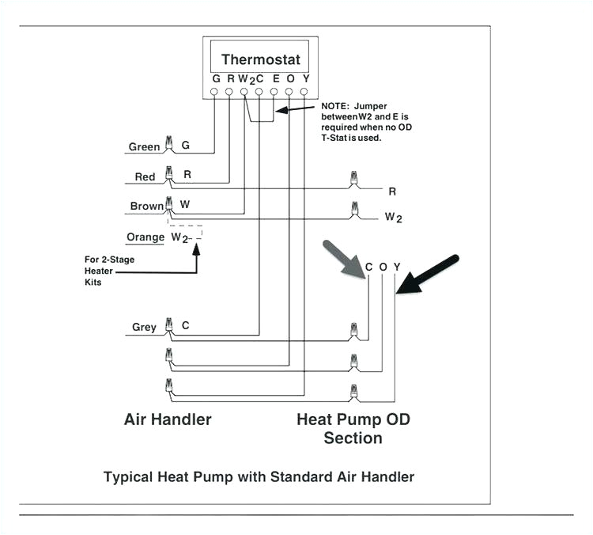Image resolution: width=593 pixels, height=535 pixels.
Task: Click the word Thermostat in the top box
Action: click(261, 59)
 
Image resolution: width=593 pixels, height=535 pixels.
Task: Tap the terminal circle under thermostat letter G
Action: click(215, 92)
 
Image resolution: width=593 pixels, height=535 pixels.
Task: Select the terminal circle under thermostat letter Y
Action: click(304, 92)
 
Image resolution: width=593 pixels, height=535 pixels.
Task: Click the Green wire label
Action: click(144, 146)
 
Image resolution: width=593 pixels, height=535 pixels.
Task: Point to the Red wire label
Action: click(145, 176)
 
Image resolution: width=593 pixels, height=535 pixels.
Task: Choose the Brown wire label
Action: click(146, 206)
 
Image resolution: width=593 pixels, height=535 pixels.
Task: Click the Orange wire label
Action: click(145, 237)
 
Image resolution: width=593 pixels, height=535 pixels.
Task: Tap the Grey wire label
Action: click(144, 327)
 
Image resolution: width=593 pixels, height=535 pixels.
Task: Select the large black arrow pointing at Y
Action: click(428, 275)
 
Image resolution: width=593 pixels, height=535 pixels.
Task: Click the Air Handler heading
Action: click(168, 419)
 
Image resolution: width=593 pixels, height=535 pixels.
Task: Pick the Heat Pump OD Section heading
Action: click(353, 428)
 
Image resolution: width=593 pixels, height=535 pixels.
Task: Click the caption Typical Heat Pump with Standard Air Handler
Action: click(259, 476)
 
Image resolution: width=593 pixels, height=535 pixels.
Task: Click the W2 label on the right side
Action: click(393, 217)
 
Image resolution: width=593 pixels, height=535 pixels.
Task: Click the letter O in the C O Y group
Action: click(383, 267)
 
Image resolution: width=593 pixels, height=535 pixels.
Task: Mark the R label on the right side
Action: click(391, 192)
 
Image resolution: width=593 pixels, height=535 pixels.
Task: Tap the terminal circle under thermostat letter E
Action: click(274, 92)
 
